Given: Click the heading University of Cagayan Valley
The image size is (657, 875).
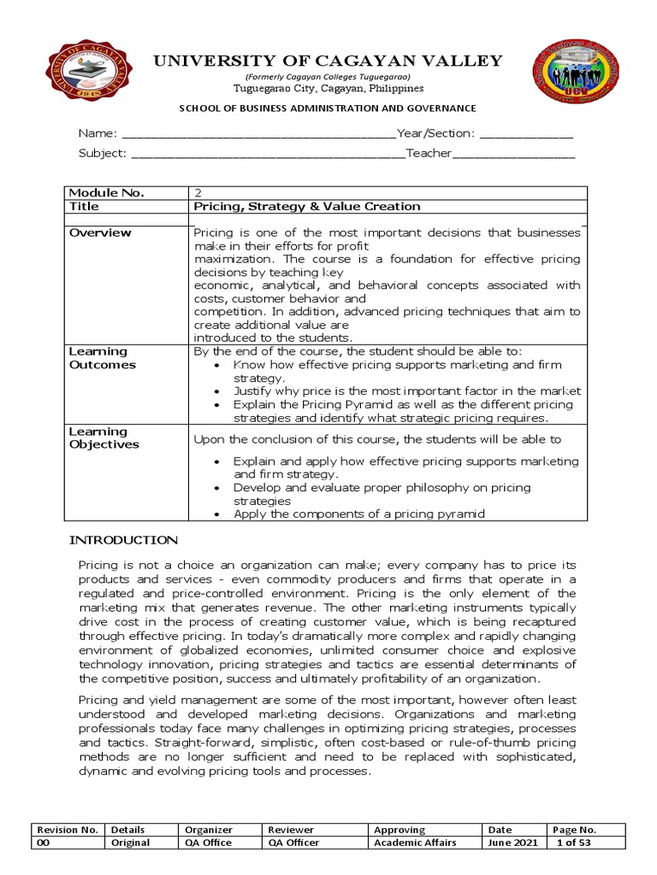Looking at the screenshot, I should (x=327, y=61).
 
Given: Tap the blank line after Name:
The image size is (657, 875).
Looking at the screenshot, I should (x=259, y=135).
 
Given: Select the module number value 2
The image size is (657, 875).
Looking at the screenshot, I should (x=198, y=193).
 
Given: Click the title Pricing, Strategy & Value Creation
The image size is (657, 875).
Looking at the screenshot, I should (x=307, y=207).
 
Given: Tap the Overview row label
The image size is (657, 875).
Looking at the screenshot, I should (x=100, y=232).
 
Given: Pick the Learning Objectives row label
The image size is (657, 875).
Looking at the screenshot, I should (x=104, y=438).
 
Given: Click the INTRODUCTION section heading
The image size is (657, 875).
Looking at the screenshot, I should (x=123, y=540).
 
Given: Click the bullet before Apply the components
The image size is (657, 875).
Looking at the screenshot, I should (x=219, y=514).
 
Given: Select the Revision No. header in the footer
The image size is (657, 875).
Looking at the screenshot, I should (x=68, y=830).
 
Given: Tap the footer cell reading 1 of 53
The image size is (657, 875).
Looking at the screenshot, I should (x=573, y=843).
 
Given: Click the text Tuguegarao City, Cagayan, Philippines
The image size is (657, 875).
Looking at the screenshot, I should (x=328, y=89).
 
